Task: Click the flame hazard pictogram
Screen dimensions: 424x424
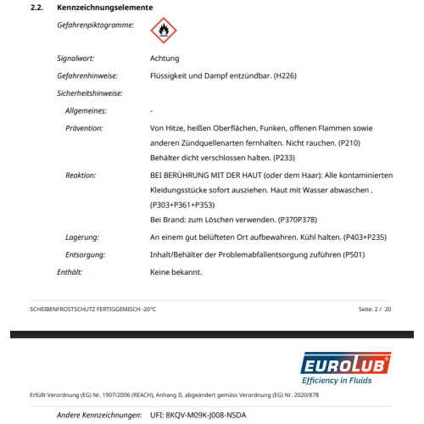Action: coord(163,31)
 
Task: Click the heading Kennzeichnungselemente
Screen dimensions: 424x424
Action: coord(105,8)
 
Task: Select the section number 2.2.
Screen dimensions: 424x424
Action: coord(37,8)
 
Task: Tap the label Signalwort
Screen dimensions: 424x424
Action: coord(75,59)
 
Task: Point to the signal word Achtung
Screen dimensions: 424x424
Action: coord(165,59)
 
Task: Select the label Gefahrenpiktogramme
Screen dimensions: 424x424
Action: coord(95,25)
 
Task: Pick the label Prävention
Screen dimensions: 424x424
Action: coord(84,127)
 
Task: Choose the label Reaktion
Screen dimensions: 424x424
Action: coord(81,175)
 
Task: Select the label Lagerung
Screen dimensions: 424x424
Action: coord(82,237)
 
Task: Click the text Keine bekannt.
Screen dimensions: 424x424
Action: coord(176,272)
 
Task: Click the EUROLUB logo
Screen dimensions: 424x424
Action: coord(346,369)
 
